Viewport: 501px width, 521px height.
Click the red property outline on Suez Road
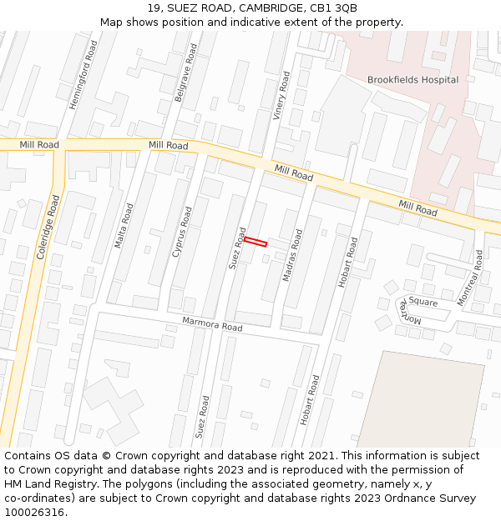256,242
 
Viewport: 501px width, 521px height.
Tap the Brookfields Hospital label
412,80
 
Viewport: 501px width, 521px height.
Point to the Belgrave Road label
186,80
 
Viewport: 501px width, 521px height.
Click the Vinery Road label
281,96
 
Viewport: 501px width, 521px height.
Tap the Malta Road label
124,223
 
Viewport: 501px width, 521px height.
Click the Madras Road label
292,255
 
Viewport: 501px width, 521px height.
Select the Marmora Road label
212,324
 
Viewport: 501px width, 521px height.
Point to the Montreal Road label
473,277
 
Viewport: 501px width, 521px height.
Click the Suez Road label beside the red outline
237,248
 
